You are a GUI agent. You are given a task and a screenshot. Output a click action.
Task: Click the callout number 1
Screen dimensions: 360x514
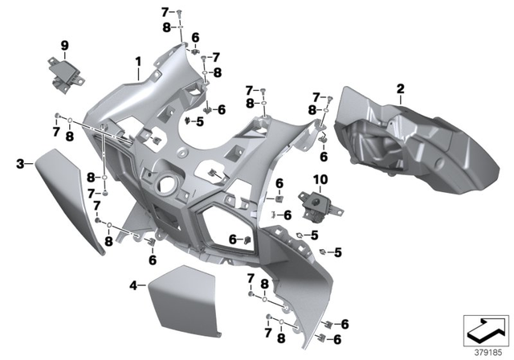[137, 61]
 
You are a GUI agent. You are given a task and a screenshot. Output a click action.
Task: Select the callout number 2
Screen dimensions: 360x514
[399, 86]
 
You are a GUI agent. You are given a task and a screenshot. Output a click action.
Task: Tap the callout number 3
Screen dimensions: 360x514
[19, 164]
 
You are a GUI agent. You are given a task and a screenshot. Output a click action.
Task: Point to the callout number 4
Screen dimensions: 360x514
[133, 284]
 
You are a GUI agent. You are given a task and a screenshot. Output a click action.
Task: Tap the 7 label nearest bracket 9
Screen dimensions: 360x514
[56, 131]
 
